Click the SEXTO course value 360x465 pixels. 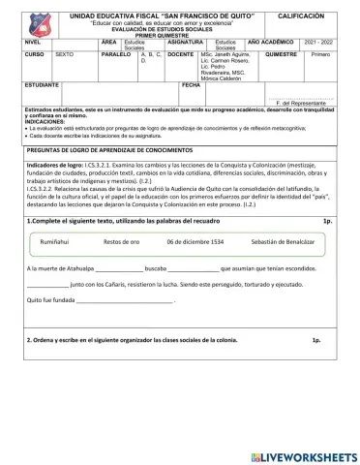click(x=65, y=55)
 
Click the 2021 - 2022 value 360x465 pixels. click(x=317, y=43)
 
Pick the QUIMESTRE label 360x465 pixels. click(x=281, y=55)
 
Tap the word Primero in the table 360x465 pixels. click(x=320, y=55)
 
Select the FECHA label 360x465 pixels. click(x=190, y=85)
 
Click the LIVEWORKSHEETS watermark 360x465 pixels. click(x=301, y=455)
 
